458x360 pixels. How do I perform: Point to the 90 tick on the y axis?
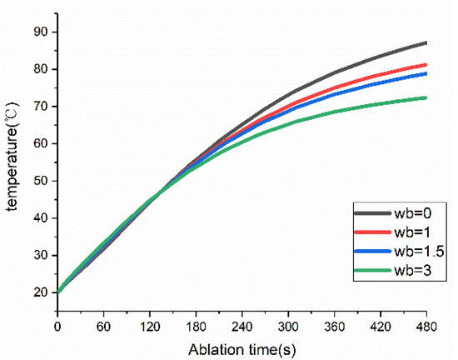pyautogui.click(x=41, y=32)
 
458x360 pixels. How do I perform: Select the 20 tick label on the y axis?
pyautogui.click(x=41, y=292)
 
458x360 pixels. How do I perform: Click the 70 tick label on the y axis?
pyautogui.click(x=41, y=107)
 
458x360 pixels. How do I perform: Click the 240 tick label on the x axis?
pyautogui.click(x=241, y=327)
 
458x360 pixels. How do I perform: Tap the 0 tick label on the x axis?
pyautogui.click(x=57, y=327)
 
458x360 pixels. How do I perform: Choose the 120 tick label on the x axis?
pyautogui.click(x=150, y=327)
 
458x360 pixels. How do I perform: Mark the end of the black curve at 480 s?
pyautogui.click(x=426, y=42)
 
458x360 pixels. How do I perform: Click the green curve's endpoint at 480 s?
pyautogui.click(x=426, y=97)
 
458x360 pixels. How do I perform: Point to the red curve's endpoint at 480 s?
pyautogui.click(x=426, y=64)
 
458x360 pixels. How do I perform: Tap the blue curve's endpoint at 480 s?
pyautogui.click(x=426, y=73)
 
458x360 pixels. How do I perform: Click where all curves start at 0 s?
pyautogui.click(x=57, y=292)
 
